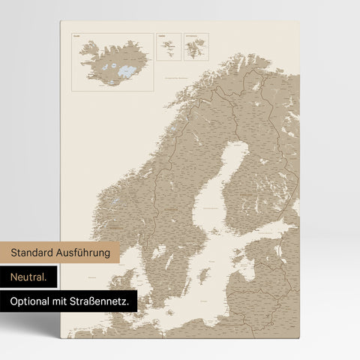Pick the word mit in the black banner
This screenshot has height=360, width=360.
pyautogui.click(x=64, y=301)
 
